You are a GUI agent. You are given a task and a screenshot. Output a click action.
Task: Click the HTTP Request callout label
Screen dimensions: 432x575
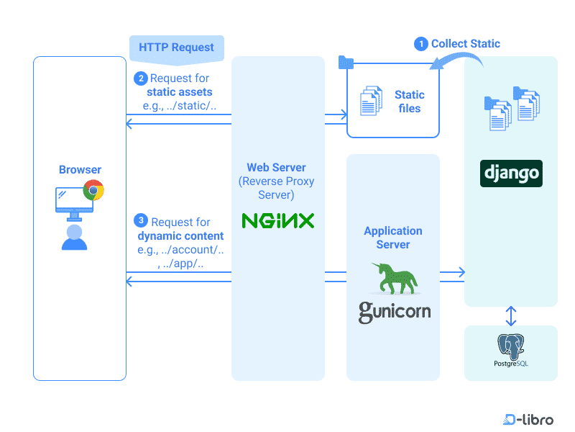[176, 48]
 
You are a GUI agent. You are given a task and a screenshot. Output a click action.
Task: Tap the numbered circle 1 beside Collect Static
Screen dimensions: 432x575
[421, 44]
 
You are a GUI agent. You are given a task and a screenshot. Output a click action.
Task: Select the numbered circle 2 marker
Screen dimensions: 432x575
[140, 78]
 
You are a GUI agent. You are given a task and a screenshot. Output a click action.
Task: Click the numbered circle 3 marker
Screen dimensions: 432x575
[141, 221]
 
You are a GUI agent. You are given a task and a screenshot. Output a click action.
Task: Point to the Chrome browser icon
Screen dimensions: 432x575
[93, 191]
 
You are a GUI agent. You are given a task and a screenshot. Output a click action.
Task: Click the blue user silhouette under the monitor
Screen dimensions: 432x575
[74, 237]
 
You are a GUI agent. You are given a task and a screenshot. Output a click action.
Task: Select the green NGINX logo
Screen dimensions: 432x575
[278, 220]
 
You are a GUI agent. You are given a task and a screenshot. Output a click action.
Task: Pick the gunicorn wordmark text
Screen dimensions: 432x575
[395, 312]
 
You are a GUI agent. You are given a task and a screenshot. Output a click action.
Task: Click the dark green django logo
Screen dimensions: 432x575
[511, 174]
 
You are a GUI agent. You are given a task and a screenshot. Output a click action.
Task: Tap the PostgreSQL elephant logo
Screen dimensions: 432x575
[511, 347]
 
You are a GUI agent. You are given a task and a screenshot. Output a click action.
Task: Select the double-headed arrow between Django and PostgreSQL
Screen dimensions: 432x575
[511, 315]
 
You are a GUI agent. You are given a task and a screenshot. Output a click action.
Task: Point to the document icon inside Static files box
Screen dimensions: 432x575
[371, 102]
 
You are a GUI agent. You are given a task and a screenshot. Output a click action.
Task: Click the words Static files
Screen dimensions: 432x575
[409, 102]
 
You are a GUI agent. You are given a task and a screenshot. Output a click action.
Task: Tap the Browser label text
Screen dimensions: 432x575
[80, 170]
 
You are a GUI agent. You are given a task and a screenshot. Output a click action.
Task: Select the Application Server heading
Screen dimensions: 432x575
[393, 238]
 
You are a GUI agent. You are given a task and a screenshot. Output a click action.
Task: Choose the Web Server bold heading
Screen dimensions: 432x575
[276, 167]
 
